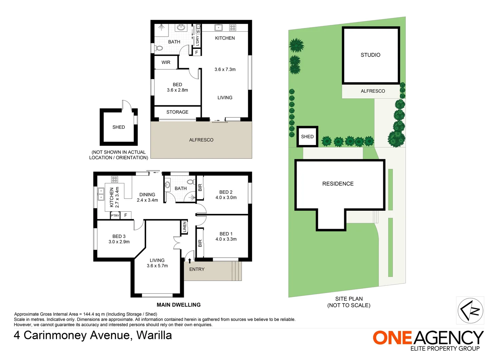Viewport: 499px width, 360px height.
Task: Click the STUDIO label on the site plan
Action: point(370,55)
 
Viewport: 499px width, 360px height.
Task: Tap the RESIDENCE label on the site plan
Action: point(338,184)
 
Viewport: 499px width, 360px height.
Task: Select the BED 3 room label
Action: point(119,236)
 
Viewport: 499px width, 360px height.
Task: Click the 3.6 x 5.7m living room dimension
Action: point(157,266)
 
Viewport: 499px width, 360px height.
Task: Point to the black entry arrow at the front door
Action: point(190,261)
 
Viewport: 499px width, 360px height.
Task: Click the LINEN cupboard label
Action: point(184,227)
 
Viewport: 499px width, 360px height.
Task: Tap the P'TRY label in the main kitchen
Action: point(115,216)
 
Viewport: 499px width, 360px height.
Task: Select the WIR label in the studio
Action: point(166,62)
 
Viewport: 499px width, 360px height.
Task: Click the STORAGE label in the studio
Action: point(177,112)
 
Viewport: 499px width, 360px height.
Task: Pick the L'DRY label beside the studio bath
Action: point(197,41)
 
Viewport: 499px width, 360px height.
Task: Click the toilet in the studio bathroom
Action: point(159,48)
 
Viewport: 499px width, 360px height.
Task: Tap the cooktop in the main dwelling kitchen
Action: point(114,179)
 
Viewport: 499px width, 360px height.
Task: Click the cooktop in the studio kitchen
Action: point(232,28)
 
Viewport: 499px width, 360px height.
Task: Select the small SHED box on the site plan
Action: point(307,136)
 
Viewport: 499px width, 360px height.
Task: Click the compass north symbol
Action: point(470,310)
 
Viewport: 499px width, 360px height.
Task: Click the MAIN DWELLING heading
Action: point(178,305)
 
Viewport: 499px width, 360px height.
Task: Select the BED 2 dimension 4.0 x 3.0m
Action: point(226,198)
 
